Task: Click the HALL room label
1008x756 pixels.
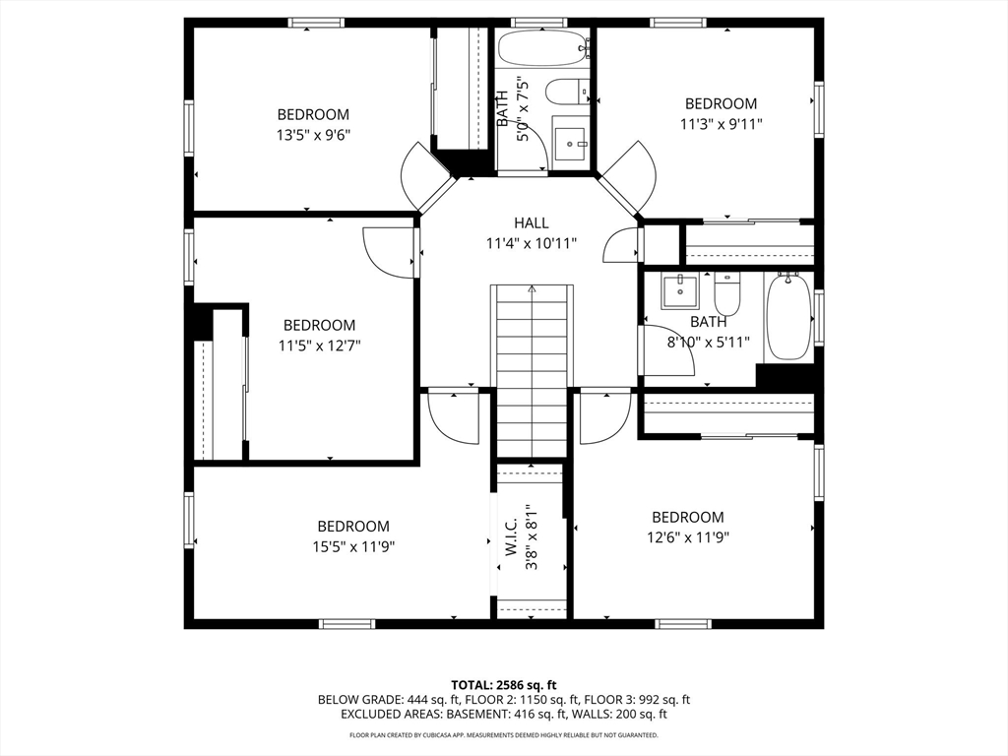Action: tap(531, 223)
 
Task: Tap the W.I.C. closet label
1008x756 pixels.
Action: tap(512, 537)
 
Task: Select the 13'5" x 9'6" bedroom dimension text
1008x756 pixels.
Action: tap(313, 135)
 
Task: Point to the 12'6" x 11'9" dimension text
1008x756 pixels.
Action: tap(688, 537)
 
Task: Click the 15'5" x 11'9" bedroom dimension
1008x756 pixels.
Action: tap(353, 546)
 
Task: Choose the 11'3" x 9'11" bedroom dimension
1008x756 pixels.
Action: tap(722, 123)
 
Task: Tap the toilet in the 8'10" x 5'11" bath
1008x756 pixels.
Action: tap(727, 293)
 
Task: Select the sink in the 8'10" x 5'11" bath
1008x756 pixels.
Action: tap(679, 291)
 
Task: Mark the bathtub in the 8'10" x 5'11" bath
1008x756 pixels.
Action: tap(788, 316)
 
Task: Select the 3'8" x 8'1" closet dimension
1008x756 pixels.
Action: tap(531, 537)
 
